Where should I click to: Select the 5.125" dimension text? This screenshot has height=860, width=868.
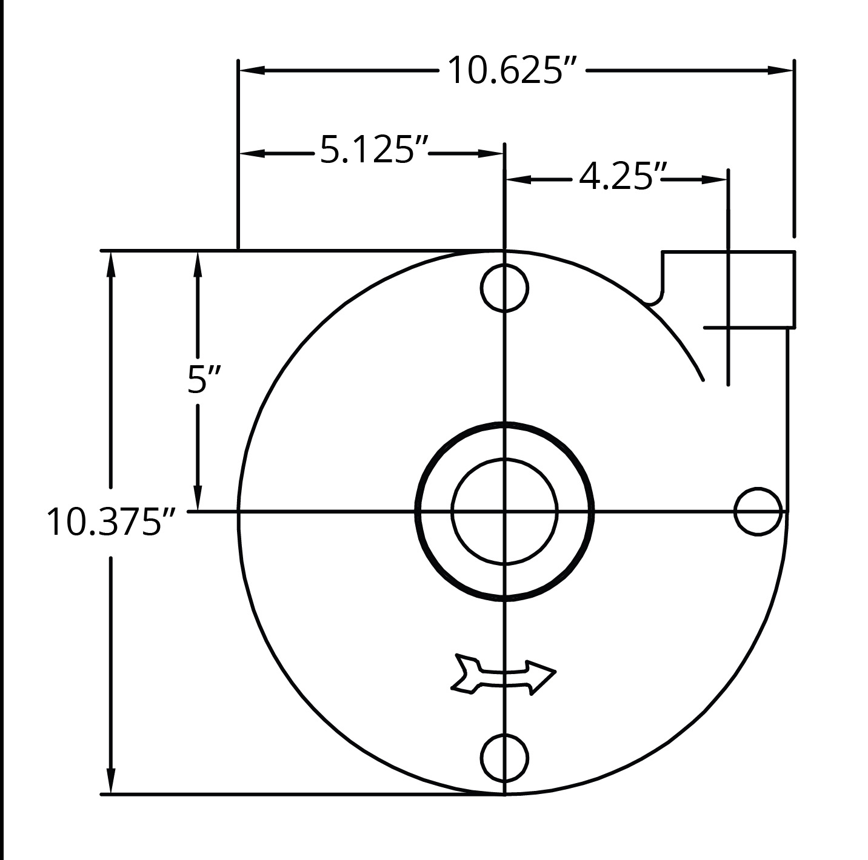(x=373, y=149)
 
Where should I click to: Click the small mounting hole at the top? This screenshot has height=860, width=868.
(x=504, y=288)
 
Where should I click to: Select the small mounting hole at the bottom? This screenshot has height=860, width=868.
(x=504, y=758)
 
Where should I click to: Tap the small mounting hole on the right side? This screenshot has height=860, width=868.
(x=758, y=512)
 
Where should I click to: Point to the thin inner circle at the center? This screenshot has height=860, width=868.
(x=504, y=459)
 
